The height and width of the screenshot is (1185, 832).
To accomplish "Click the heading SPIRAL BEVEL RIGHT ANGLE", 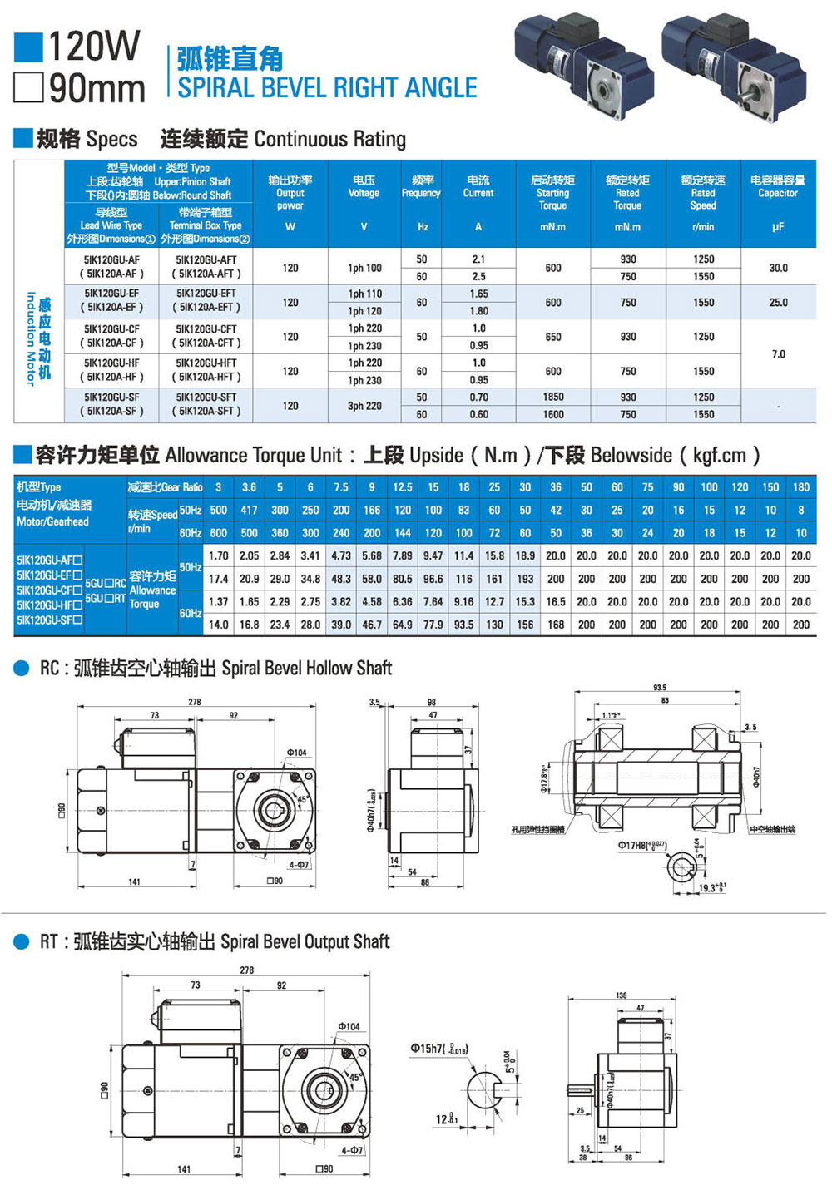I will pyautogui.click(x=327, y=87).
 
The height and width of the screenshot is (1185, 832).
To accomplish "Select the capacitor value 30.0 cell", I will pyautogui.click(x=778, y=268).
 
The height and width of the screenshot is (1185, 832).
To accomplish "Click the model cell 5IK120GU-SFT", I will pyautogui.click(x=206, y=397).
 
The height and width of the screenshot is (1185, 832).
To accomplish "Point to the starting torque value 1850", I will pyautogui.click(x=553, y=397).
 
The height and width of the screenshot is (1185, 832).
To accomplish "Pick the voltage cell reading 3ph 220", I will pyautogui.click(x=364, y=406).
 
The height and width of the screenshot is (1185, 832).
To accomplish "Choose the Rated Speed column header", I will pyautogui.click(x=703, y=193).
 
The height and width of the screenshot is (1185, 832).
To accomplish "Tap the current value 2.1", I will pyautogui.click(x=478, y=259).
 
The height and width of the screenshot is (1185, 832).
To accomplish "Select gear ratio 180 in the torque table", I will pyautogui.click(x=801, y=487).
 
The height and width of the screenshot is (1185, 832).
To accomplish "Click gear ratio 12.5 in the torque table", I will pyautogui.click(x=403, y=487).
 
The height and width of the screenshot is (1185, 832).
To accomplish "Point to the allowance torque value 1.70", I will pyautogui.click(x=219, y=555).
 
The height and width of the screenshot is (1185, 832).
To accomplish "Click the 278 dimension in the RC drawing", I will pyautogui.click(x=195, y=702).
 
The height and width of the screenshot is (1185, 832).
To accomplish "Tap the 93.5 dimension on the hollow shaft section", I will pyautogui.click(x=660, y=688).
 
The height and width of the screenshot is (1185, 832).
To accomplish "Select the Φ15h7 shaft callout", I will pyautogui.click(x=438, y=1049).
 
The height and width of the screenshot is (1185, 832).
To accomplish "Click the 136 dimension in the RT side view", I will pyautogui.click(x=622, y=995).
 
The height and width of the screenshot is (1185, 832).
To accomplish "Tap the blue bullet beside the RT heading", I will pyautogui.click(x=22, y=941).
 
